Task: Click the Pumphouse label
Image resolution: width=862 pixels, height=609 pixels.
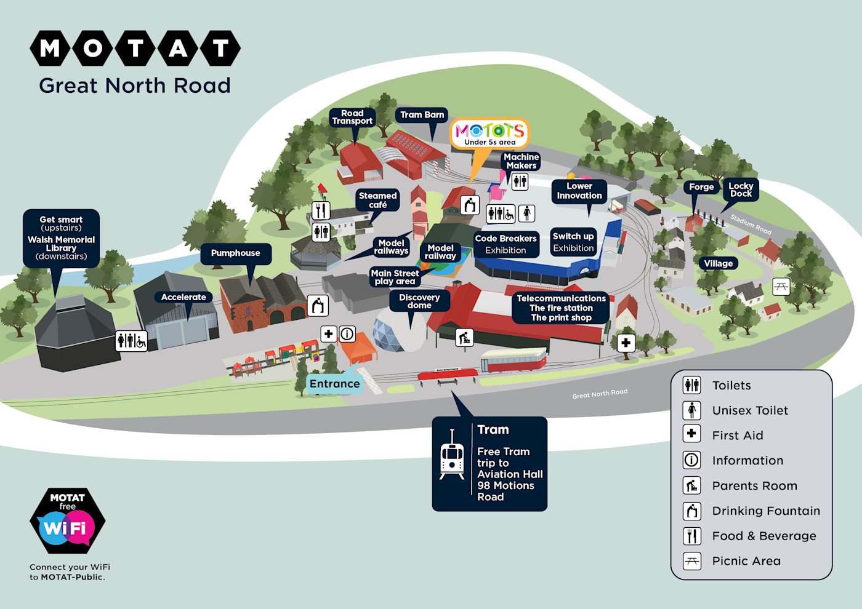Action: coord(235,253)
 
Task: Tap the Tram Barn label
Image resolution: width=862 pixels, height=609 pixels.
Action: coord(422,115)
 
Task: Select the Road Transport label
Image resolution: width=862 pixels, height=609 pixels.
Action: coord(352,117)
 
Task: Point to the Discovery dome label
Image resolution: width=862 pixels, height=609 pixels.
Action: coord(419,301)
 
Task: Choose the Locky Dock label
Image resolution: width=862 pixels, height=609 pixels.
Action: coord(741,189)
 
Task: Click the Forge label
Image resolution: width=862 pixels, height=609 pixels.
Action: coord(701,187)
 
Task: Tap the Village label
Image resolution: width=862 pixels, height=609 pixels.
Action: coord(718,263)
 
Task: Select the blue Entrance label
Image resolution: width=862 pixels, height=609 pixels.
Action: coord(334,384)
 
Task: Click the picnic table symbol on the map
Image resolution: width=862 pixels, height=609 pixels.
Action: coord(781,286)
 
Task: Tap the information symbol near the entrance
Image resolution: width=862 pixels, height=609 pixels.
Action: coord(347,334)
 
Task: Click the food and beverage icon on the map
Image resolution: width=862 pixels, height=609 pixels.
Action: coord(321,210)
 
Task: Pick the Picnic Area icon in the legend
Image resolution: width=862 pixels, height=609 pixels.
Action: coord(692,561)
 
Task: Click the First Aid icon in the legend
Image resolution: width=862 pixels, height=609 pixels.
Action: coord(692,434)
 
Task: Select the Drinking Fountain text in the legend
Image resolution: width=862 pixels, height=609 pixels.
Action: coord(766,511)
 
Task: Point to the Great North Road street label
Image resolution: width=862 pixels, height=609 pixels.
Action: coord(600,393)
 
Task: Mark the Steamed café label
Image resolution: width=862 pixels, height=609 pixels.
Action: coord(377,200)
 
